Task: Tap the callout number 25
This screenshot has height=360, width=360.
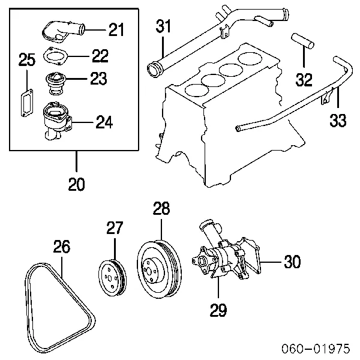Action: coord(27,59)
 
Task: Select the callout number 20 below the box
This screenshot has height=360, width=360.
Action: coord(76,184)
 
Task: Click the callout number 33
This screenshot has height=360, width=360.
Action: coord(338,121)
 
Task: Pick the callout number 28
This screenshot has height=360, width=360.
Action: coord(161,209)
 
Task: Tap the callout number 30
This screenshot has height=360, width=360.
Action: coord(292,262)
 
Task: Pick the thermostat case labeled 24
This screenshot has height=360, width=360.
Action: coord(57,120)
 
